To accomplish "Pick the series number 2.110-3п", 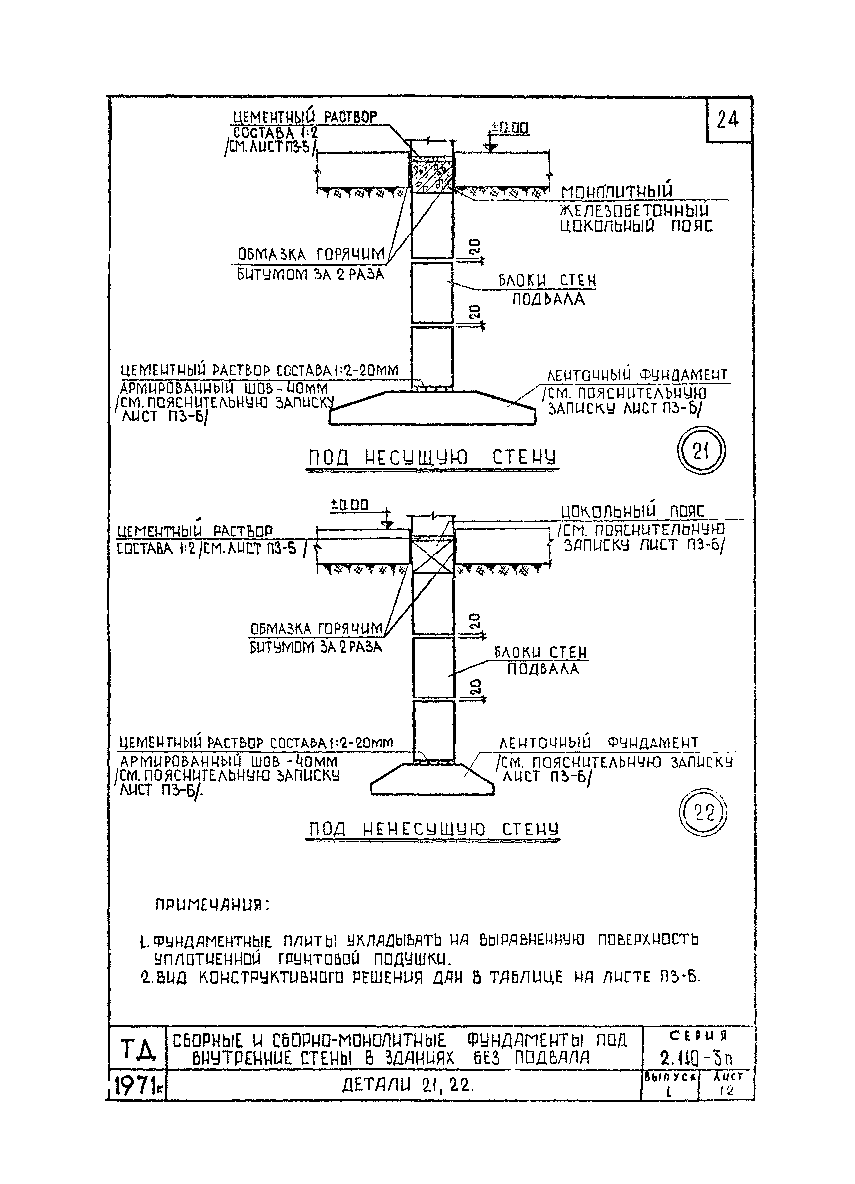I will (697, 1058).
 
